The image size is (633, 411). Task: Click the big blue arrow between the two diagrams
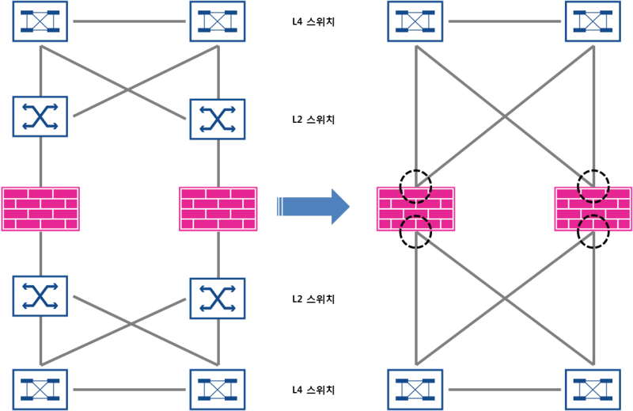(x=314, y=207)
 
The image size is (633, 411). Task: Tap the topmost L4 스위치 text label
(x=313, y=22)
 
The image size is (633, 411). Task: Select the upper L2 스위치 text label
(x=313, y=120)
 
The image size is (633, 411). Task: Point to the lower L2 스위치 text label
(x=313, y=299)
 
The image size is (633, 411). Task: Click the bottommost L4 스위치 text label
(x=313, y=390)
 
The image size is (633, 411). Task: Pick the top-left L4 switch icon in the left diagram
(x=40, y=21)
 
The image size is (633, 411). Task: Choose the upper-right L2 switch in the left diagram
(x=218, y=120)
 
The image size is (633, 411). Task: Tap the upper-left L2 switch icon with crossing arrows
(x=40, y=116)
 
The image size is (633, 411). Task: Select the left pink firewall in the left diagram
(x=40, y=209)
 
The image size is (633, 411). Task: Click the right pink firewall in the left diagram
(x=218, y=209)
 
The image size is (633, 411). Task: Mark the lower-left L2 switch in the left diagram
(x=40, y=296)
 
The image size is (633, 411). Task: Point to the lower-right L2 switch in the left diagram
(x=218, y=299)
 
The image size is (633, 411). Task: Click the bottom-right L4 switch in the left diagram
(x=218, y=390)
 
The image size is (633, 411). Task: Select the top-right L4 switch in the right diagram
(x=593, y=21)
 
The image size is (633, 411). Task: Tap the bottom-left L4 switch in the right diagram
(x=415, y=390)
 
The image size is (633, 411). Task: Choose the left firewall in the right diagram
(x=416, y=209)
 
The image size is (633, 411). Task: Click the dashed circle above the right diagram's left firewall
(x=415, y=186)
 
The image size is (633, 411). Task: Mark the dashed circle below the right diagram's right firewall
(x=593, y=232)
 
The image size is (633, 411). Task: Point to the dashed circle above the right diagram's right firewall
(x=593, y=186)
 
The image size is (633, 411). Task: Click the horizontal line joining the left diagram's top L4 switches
(x=129, y=21)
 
